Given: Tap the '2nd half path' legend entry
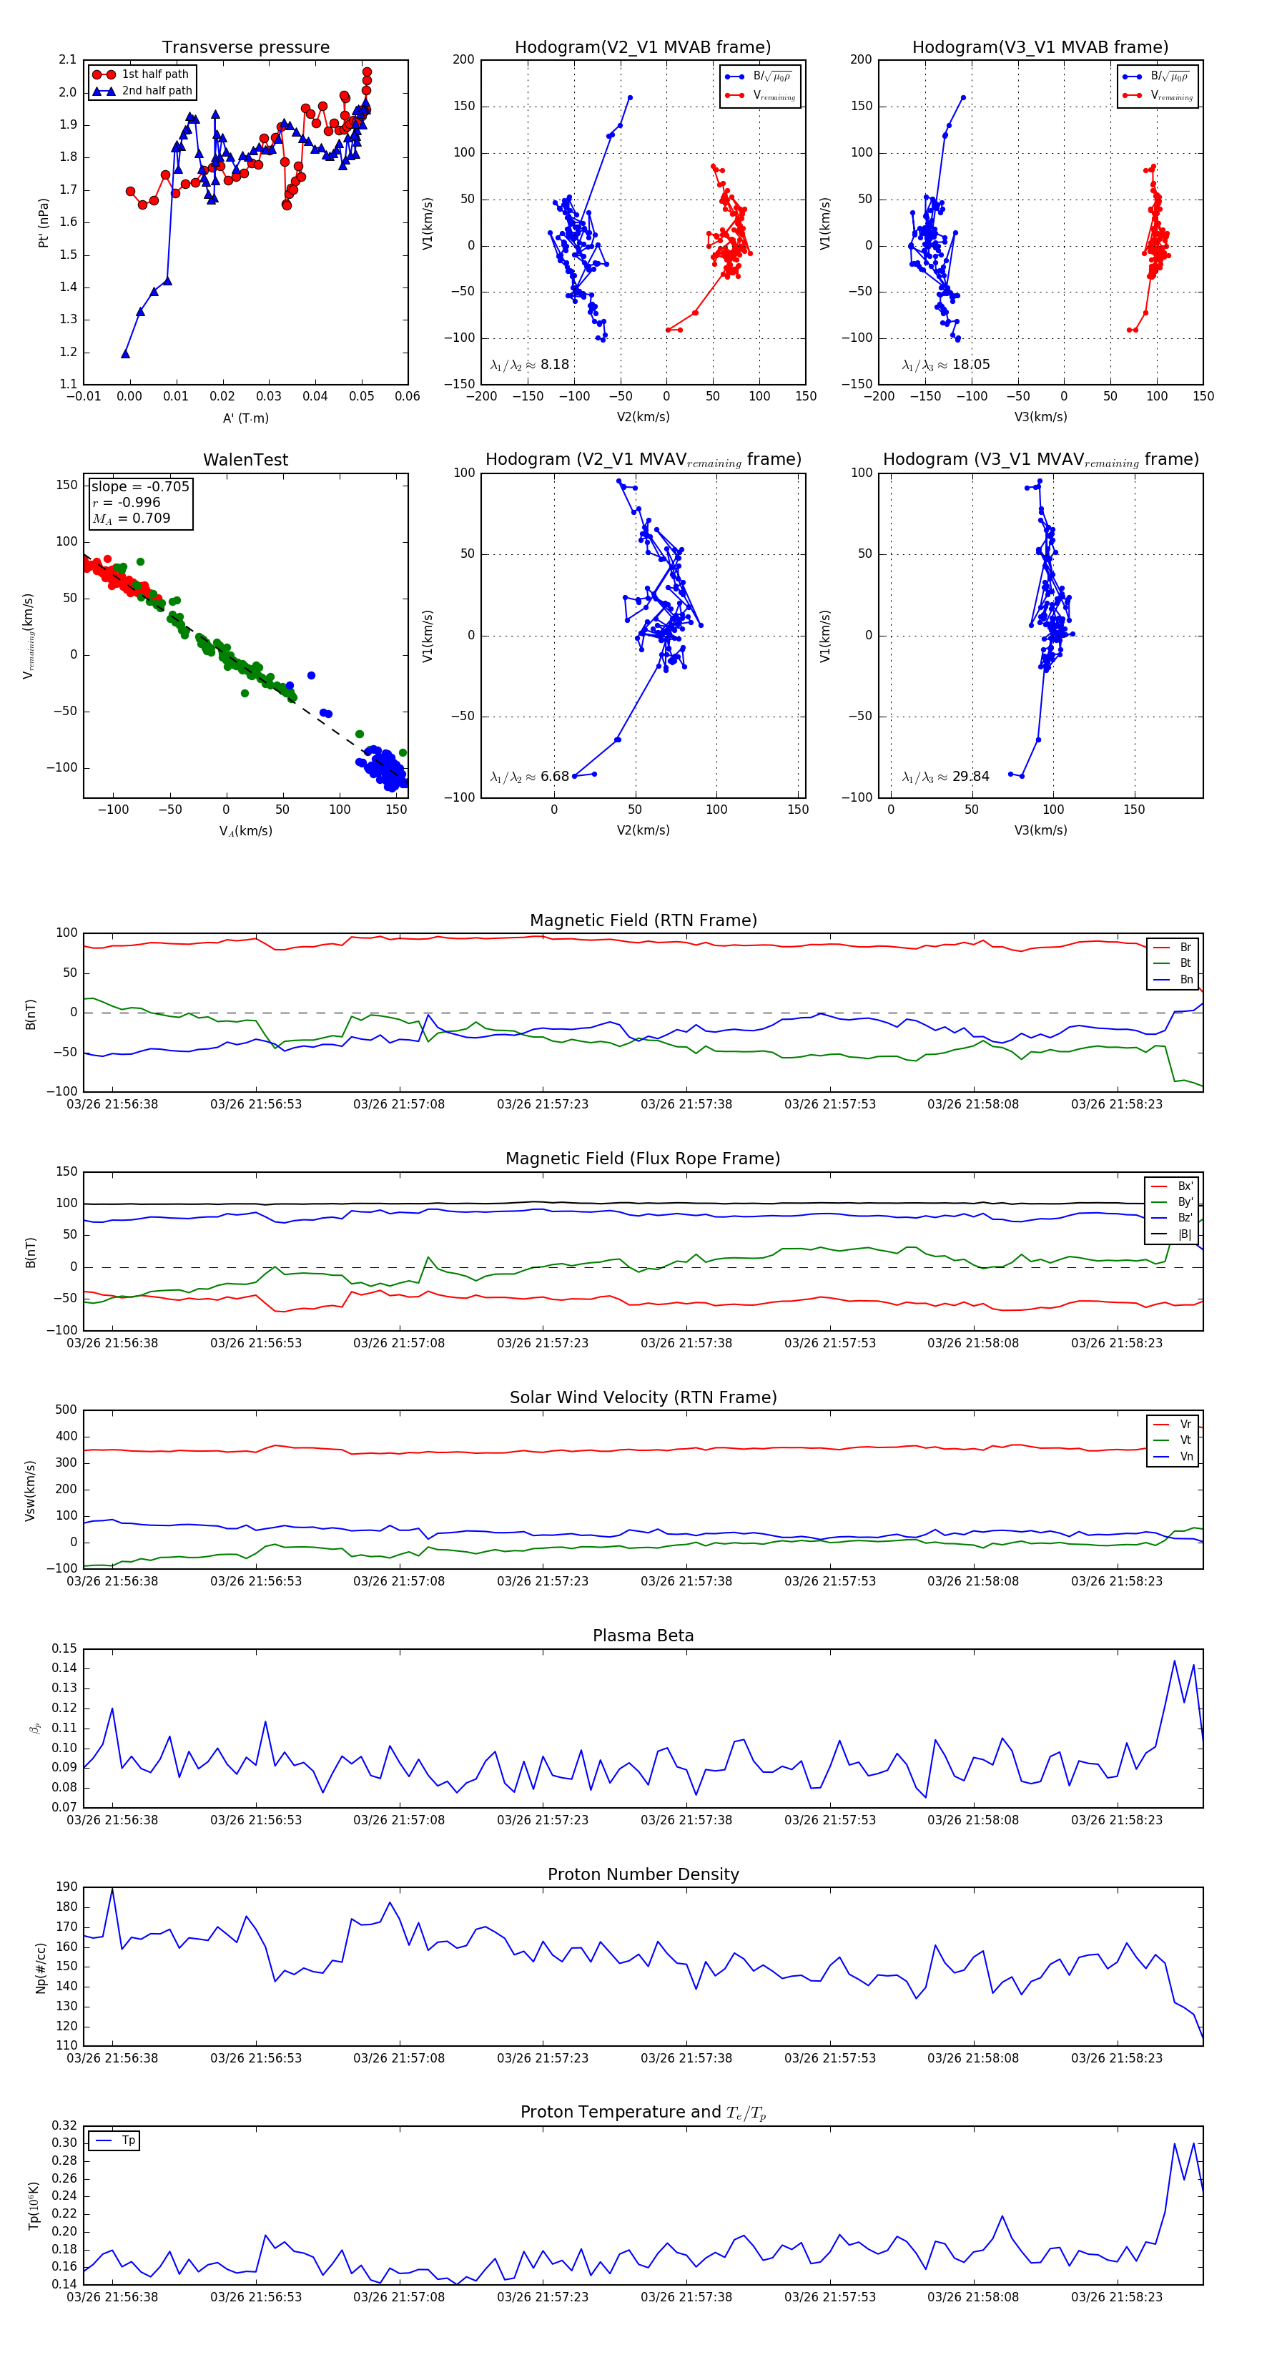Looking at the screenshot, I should (157, 91).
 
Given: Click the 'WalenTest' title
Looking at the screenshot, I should (245, 460).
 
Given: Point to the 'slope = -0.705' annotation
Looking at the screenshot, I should (140, 486).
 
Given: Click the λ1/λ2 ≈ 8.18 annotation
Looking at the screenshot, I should (529, 365).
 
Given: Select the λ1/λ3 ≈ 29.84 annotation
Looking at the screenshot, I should (945, 777).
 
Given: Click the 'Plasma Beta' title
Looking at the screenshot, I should (643, 1636).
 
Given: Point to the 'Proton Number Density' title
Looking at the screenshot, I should (643, 1874).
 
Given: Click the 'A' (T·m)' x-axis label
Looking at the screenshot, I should (245, 418).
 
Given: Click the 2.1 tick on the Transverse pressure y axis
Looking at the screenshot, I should (68, 59).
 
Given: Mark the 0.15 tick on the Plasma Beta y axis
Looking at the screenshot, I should (64, 1648).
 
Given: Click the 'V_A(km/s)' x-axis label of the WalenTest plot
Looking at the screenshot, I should (245, 831).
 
